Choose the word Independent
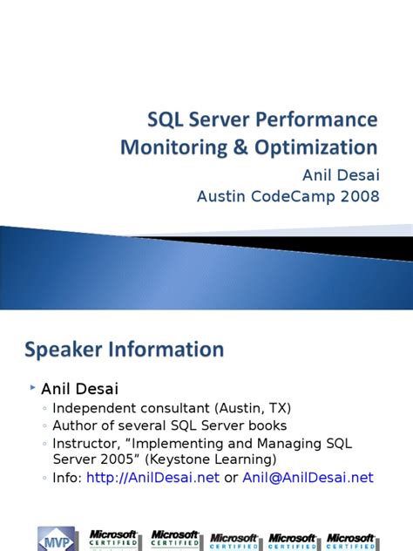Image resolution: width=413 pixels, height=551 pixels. coord(95,408)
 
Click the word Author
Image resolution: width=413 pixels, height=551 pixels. coord(74,425)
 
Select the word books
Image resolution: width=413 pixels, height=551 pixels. coord(267,425)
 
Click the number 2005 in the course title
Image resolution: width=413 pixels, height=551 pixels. coord(122,459)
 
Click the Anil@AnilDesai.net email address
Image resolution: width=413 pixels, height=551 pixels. coord(308,477)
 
